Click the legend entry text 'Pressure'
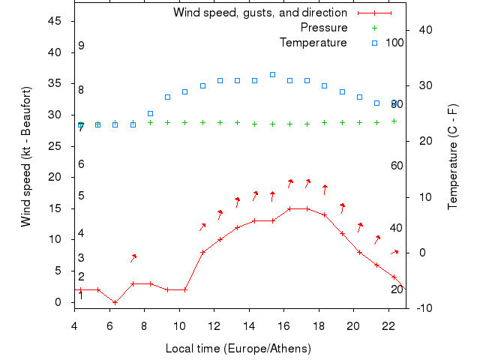click(x=324, y=28)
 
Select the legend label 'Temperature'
click(x=313, y=43)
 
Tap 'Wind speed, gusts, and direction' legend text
click(x=259, y=13)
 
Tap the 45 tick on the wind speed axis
click(x=55, y=21)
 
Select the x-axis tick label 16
click(x=283, y=325)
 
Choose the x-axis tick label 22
click(x=388, y=325)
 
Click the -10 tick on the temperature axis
click(x=422, y=308)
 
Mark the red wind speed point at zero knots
click(x=115, y=302)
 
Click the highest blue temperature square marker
click(x=272, y=75)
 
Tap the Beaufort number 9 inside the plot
click(x=81, y=46)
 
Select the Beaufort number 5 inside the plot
click(x=81, y=196)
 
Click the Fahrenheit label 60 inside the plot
click(x=397, y=166)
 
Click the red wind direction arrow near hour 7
click(x=133, y=258)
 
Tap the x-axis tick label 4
click(x=73, y=325)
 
